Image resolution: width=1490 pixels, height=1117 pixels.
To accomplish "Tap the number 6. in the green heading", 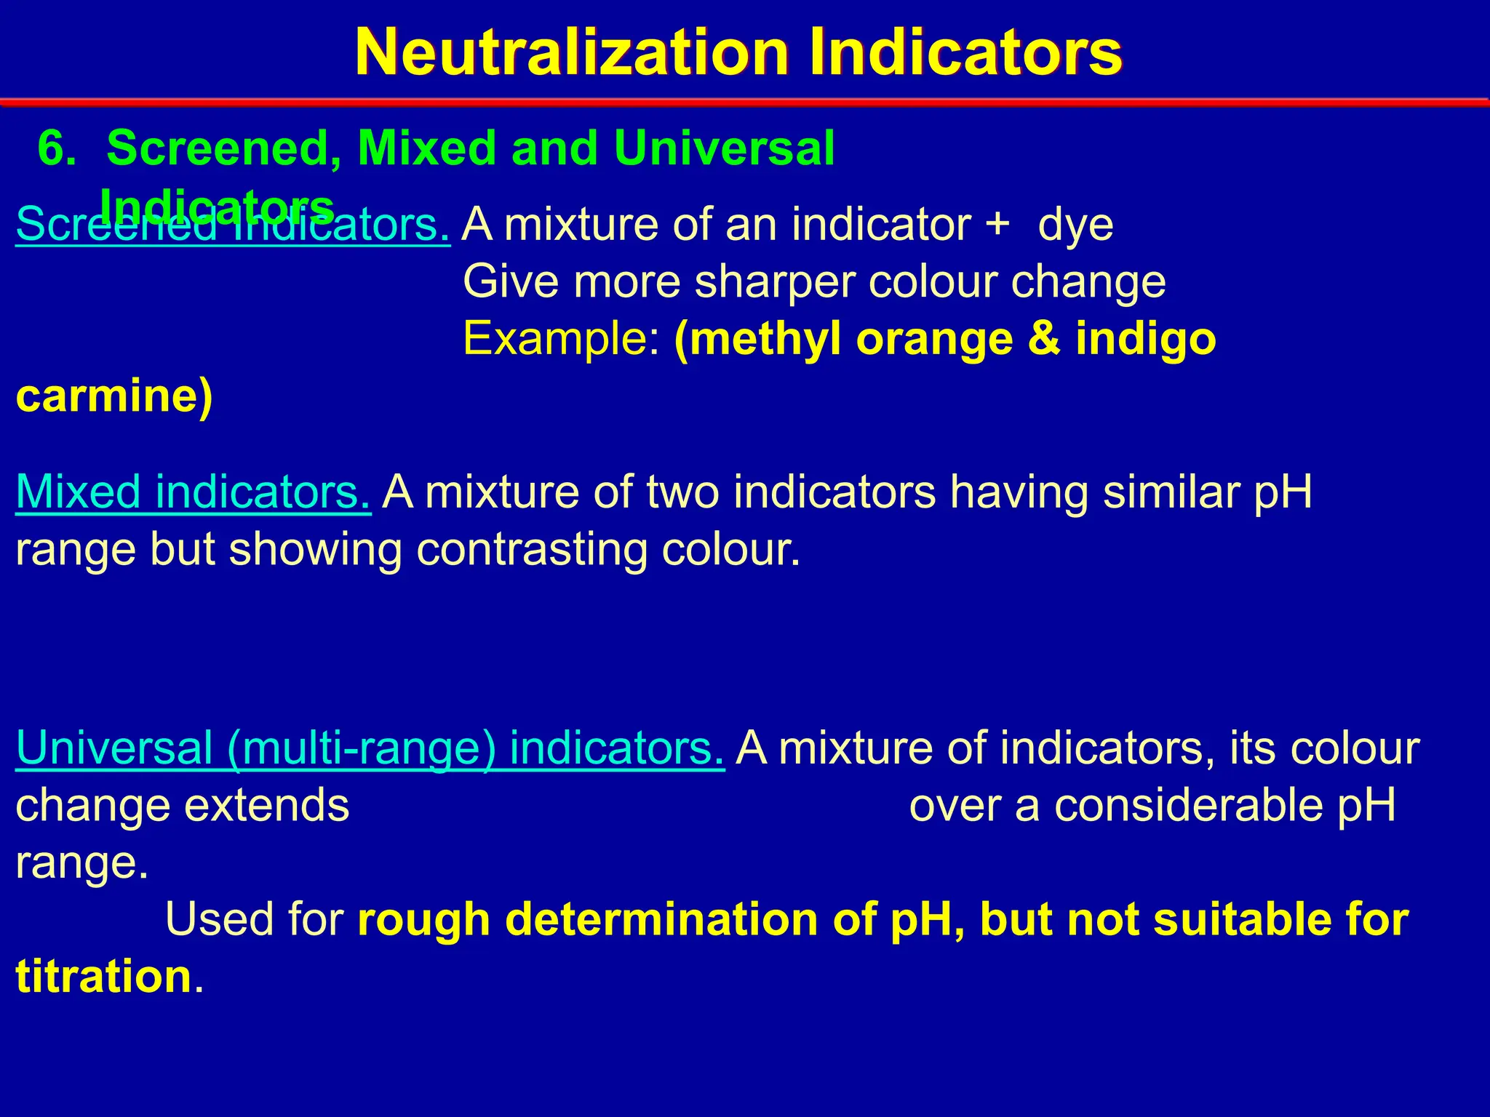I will click(x=57, y=148).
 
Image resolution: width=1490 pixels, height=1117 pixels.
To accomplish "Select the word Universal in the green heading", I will click(x=724, y=148).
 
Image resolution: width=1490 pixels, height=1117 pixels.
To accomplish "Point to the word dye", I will click(x=1075, y=225).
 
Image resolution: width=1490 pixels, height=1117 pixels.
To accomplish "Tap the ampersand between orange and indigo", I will click(x=1044, y=339).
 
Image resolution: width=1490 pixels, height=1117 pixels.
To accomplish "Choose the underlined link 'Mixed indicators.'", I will click(x=194, y=492).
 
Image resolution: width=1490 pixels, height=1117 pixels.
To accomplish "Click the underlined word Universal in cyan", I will click(x=113, y=748).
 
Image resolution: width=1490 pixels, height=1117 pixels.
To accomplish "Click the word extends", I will click(x=266, y=806).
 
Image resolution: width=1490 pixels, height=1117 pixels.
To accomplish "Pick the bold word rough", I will click(x=423, y=919).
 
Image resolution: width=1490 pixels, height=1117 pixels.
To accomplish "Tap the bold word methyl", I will click(x=757, y=340).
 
